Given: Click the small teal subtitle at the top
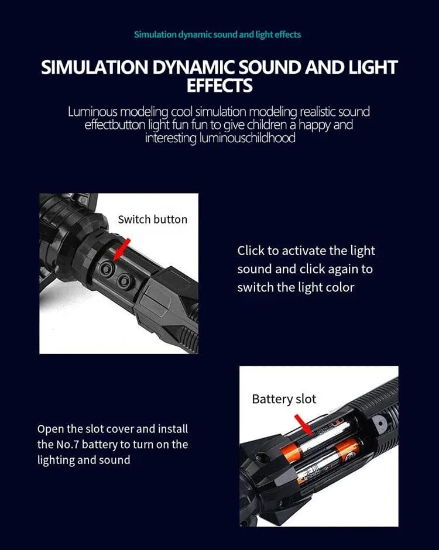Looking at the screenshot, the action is [x=218, y=35].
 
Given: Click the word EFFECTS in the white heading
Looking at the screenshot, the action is [x=220, y=85].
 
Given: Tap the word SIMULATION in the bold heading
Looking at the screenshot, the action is [x=95, y=67].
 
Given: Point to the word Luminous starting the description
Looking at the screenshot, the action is [x=92, y=112].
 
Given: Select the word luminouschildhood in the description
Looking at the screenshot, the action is [x=248, y=137].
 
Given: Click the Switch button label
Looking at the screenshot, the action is [x=153, y=219].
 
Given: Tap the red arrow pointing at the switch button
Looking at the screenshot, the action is [x=122, y=250].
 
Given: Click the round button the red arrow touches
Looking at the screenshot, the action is [x=106, y=269].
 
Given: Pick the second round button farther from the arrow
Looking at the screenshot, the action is [x=124, y=281].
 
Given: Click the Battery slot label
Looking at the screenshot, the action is [x=284, y=399].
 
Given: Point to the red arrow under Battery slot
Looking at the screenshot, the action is [x=303, y=425].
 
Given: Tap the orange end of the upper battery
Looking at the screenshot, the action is [x=290, y=452].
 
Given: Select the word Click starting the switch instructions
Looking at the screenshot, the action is [x=251, y=251].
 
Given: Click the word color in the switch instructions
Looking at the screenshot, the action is [x=340, y=288].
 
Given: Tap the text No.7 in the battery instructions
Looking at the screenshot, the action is [x=68, y=445].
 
